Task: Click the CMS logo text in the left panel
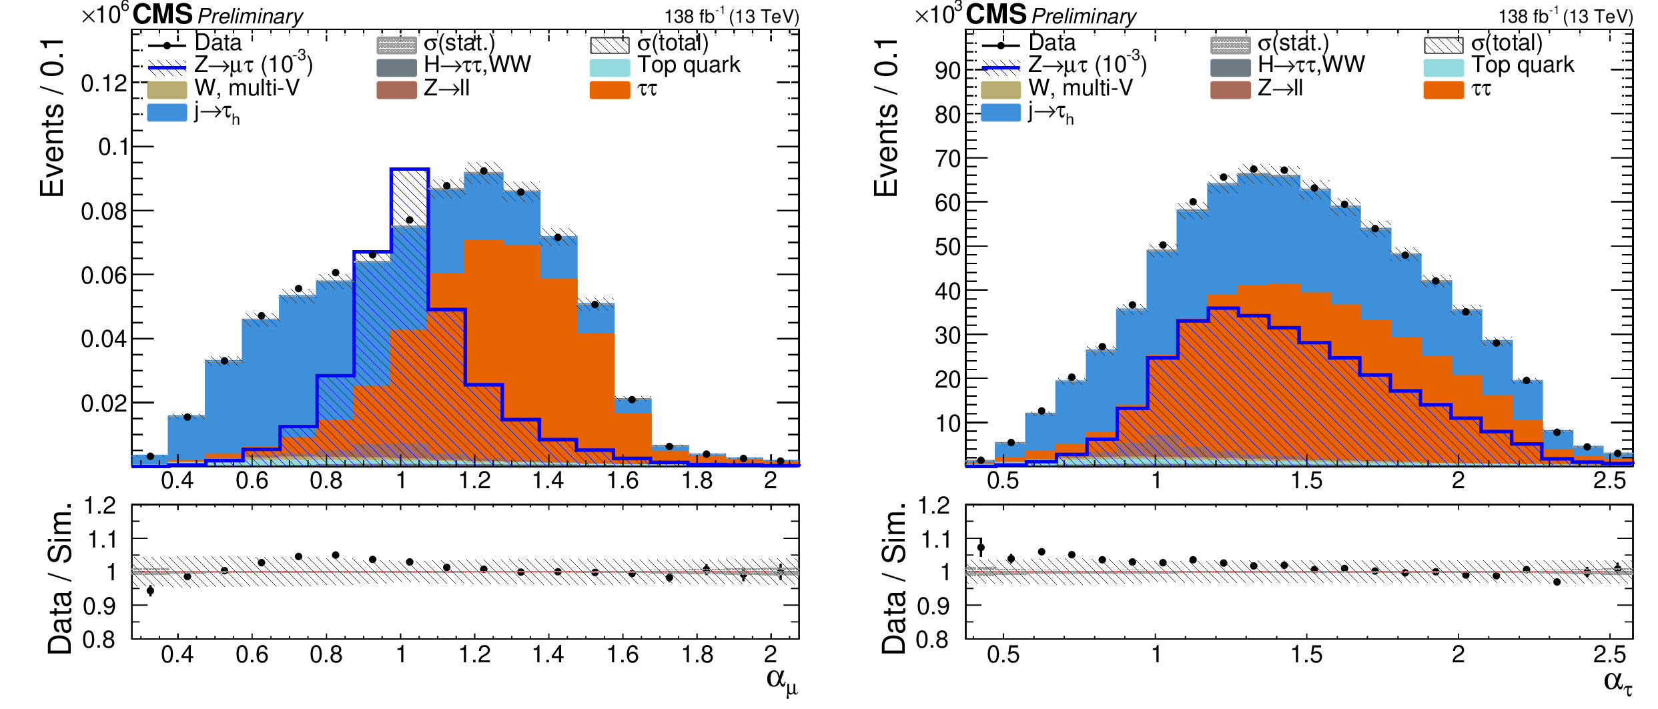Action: [162, 15]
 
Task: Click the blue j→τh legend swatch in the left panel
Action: [167, 112]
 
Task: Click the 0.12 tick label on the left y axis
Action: [103, 84]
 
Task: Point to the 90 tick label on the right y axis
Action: [947, 71]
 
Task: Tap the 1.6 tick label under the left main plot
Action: [623, 480]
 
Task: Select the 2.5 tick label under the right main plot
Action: [1609, 480]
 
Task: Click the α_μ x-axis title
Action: [781, 681]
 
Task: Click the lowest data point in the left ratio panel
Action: [150, 590]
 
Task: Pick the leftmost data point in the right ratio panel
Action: [981, 548]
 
